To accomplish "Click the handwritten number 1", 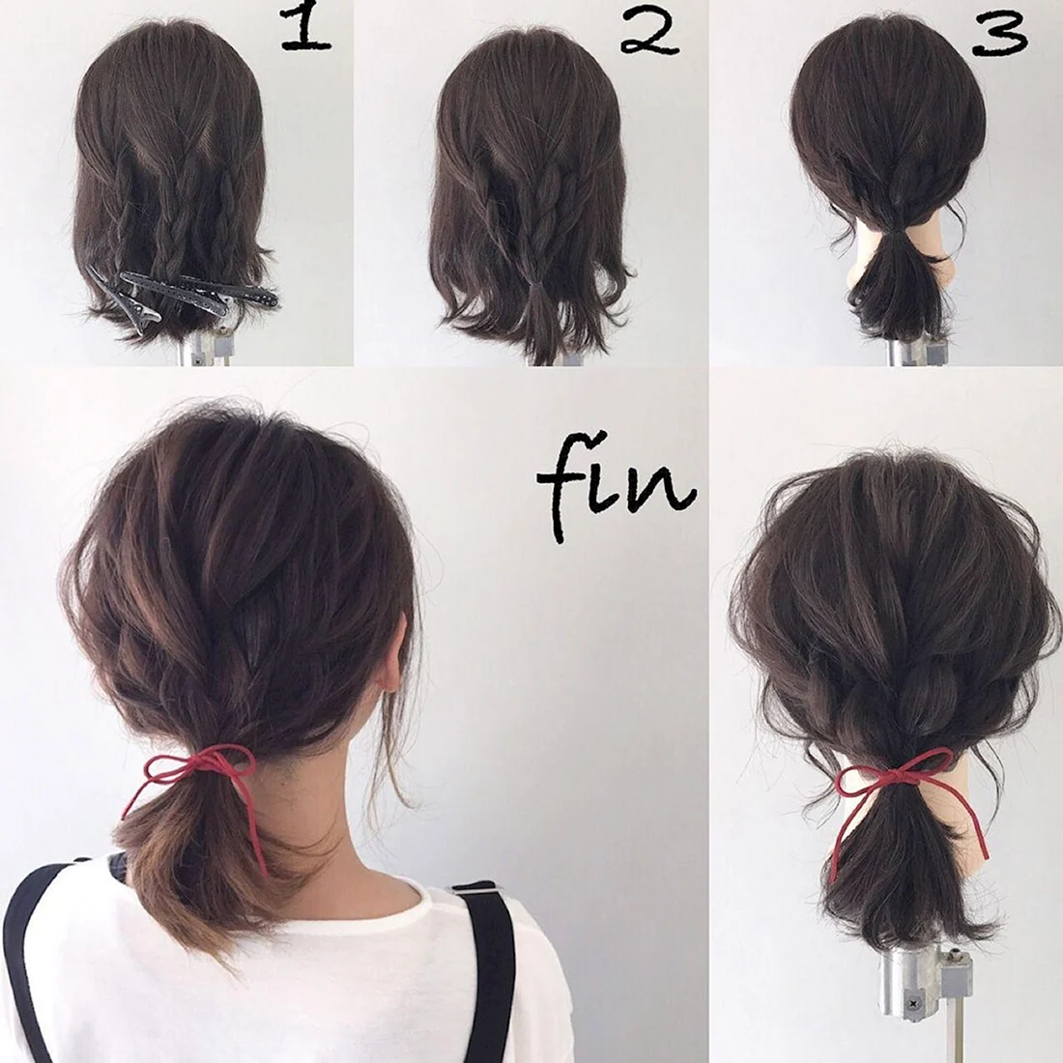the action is pos(305,28).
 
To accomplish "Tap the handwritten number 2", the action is pos(649,33).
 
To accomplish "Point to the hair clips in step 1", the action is pos(183,295).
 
